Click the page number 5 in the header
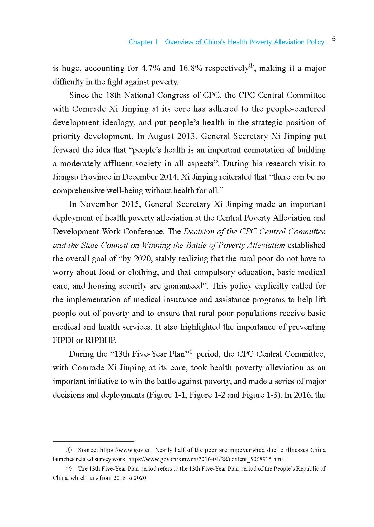[x=334, y=39]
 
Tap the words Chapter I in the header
[x=143, y=42]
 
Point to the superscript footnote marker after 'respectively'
[x=251, y=66]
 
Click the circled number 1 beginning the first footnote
[x=68, y=450]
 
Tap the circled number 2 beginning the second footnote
[x=68, y=469]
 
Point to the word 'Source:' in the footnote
[x=87, y=450]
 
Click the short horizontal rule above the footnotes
[x=94, y=441]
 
